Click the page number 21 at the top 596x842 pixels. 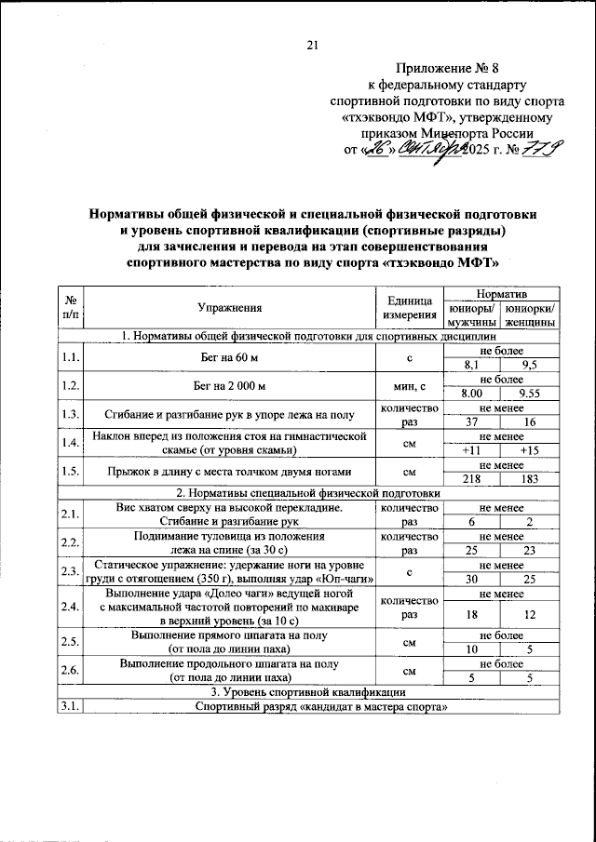(312, 45)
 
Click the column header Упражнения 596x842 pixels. (229, 308)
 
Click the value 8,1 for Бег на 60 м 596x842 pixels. (469, 366)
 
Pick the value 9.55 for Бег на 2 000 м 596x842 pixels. (530, 394)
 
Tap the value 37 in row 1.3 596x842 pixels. (469, 422)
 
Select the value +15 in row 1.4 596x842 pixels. (530, 450)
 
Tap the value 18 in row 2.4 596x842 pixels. (469, 615)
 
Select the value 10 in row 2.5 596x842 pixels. (469, 649)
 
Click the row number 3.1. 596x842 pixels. (69, 707)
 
